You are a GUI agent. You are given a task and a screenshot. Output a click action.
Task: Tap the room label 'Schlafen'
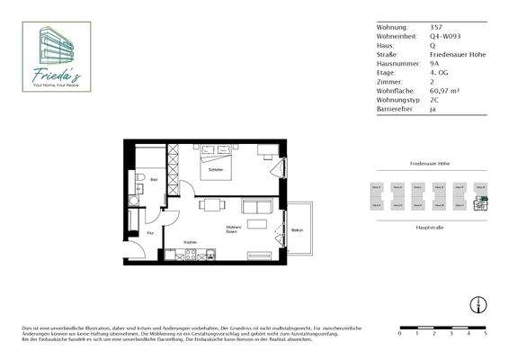[215, 169]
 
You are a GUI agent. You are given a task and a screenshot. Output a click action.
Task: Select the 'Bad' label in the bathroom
[154, 180]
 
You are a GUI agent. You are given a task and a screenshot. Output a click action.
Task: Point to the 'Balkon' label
[297, 230]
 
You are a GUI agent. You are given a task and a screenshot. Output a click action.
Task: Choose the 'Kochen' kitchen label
[190, 242]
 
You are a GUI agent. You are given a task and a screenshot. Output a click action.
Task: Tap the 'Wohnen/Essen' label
[232, 230]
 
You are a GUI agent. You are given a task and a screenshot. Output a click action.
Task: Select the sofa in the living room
[257, 208]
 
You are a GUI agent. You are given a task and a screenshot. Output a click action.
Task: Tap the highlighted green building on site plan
[481, 203]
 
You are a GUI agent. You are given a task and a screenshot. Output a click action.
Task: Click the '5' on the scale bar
[485, 333]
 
